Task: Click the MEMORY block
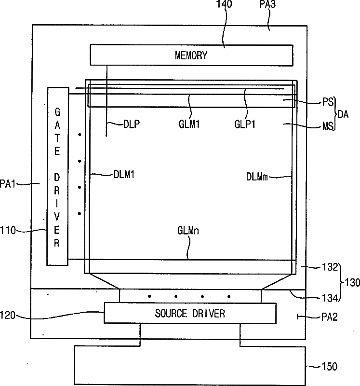[191, 55]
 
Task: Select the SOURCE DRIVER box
[190, 313]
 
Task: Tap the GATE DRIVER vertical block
[57, 176]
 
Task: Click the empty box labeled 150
[190, 366]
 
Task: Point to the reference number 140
[224, 4]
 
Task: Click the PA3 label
[267, 4]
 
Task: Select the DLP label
[132, 124]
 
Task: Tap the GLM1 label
[189, 124]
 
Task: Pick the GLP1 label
[245, 124]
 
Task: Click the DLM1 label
[124, 175]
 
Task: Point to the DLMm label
[257, 177]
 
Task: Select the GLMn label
[188, 231]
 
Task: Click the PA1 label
[7, 184]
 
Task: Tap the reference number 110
[8, 231]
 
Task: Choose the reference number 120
[8, 316]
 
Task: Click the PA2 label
[330, 317]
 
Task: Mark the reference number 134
[330, 298]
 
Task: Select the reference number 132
[330, 267]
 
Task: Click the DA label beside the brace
[343, 114]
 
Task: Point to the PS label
[328, 102]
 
